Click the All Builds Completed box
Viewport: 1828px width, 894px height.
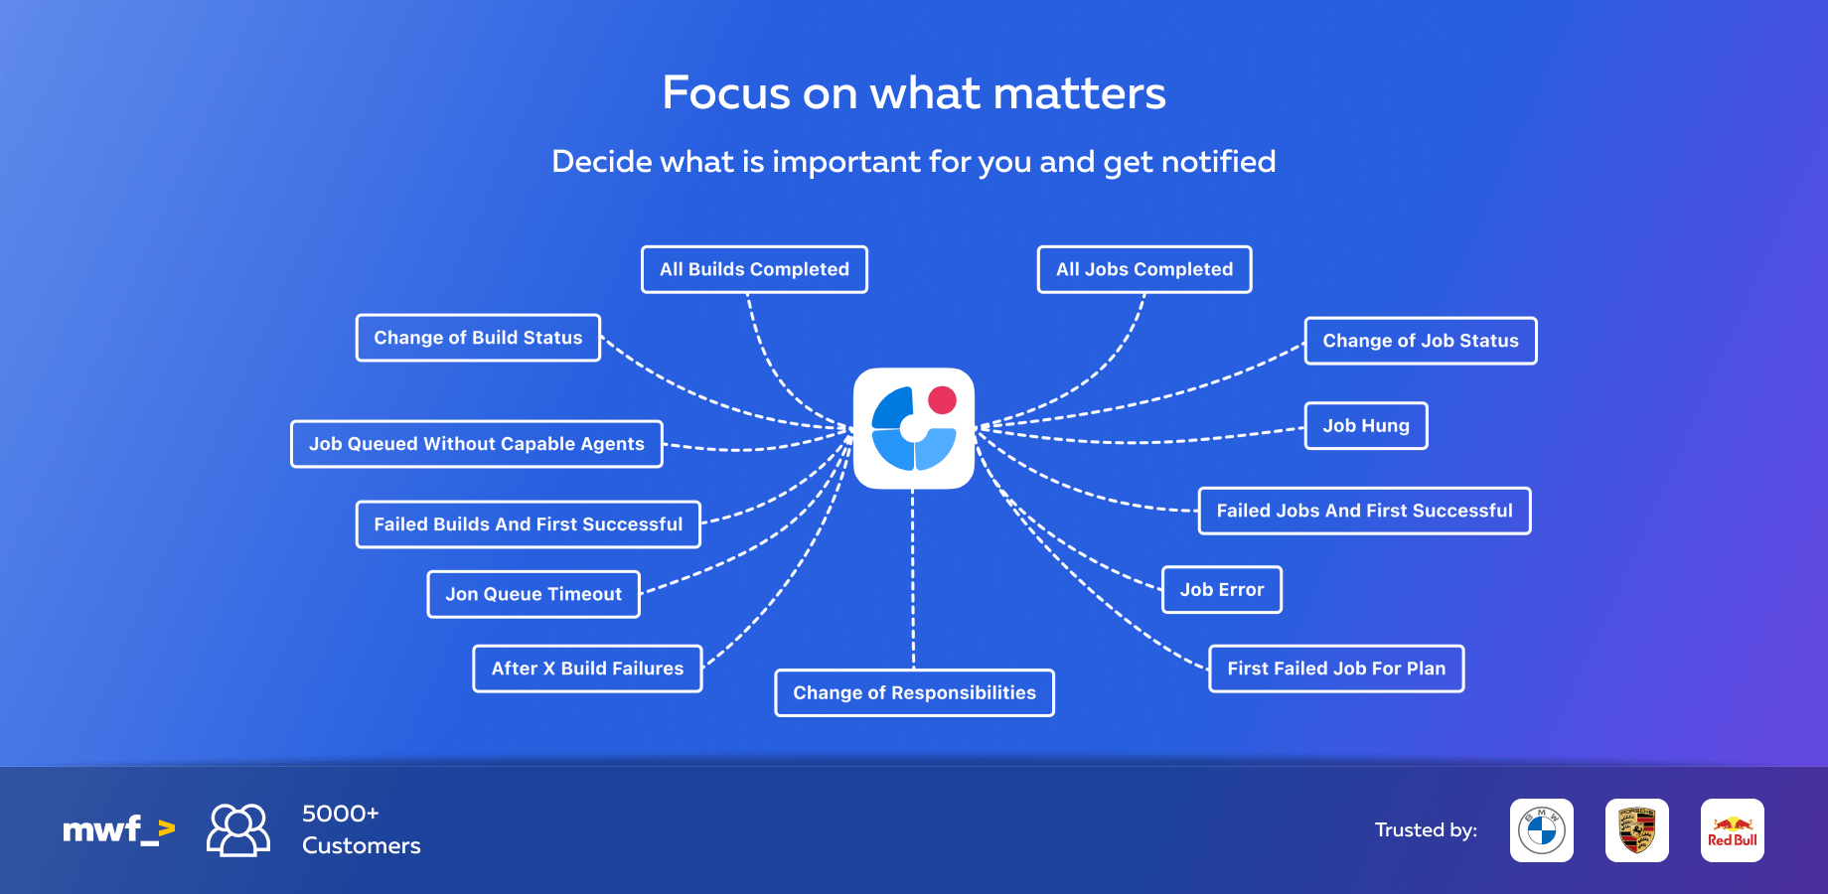click(754, 269)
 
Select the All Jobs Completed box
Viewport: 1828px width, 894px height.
click(1144, 269)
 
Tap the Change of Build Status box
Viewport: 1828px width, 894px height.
click(478, 338)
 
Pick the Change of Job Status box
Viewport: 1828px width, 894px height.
click(1421, 341)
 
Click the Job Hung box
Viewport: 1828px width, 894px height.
click(1366, 426)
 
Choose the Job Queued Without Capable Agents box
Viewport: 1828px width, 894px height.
click(477, 444)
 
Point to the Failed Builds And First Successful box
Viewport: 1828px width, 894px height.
click(529, 524)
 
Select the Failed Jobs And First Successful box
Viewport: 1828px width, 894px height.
click(1364, 511)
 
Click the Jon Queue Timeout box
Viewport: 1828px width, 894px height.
click(533, 594)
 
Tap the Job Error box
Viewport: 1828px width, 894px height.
click(1222, 590)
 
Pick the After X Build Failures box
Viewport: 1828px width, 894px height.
click(587, 669)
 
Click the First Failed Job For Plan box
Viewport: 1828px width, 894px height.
click(1336, 669)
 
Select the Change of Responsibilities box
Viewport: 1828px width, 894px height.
click(914, 692)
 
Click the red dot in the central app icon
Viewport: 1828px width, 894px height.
click(942, 400)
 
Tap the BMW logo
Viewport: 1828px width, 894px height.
click(1542, 830)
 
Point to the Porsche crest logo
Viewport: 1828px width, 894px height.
click(1637, 830)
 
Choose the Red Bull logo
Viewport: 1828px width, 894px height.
click(1733, 830)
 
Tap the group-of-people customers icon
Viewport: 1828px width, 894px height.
click(238, 829)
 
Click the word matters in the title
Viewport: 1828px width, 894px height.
click(1079, 93)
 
